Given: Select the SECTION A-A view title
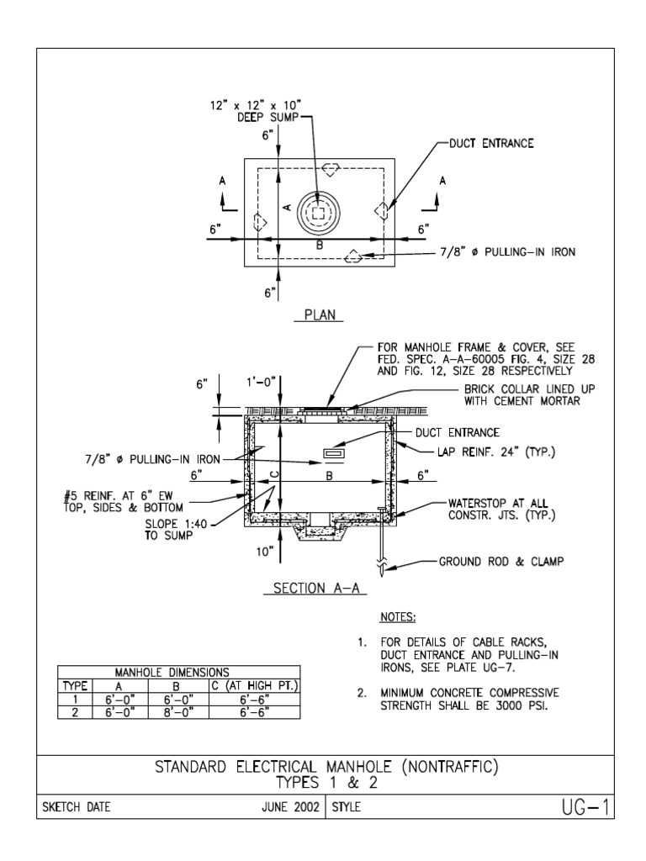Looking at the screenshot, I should [315, 589].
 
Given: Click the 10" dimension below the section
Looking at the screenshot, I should [266, 552].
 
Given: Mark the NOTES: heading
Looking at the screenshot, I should [398, 618].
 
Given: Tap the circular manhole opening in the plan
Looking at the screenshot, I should [317, 214].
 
